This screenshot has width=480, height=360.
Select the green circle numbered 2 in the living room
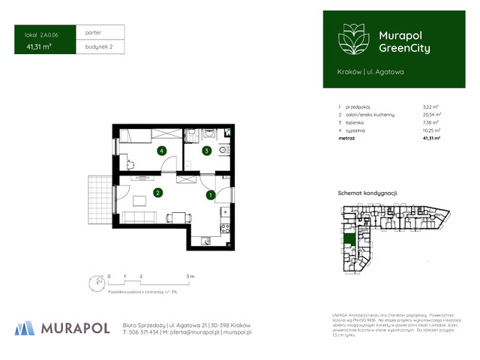pos(157,193)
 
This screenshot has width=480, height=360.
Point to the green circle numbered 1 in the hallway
pos(211,195)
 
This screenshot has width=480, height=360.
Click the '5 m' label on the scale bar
pos(190,277)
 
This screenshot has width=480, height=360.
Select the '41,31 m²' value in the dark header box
pos(37,47)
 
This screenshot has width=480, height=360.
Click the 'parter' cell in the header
pos(94,33)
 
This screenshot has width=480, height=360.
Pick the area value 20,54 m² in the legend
pos(431,114)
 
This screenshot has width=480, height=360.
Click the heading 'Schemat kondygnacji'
pos(367,193)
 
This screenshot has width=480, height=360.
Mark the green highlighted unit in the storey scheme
pos(349,240)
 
